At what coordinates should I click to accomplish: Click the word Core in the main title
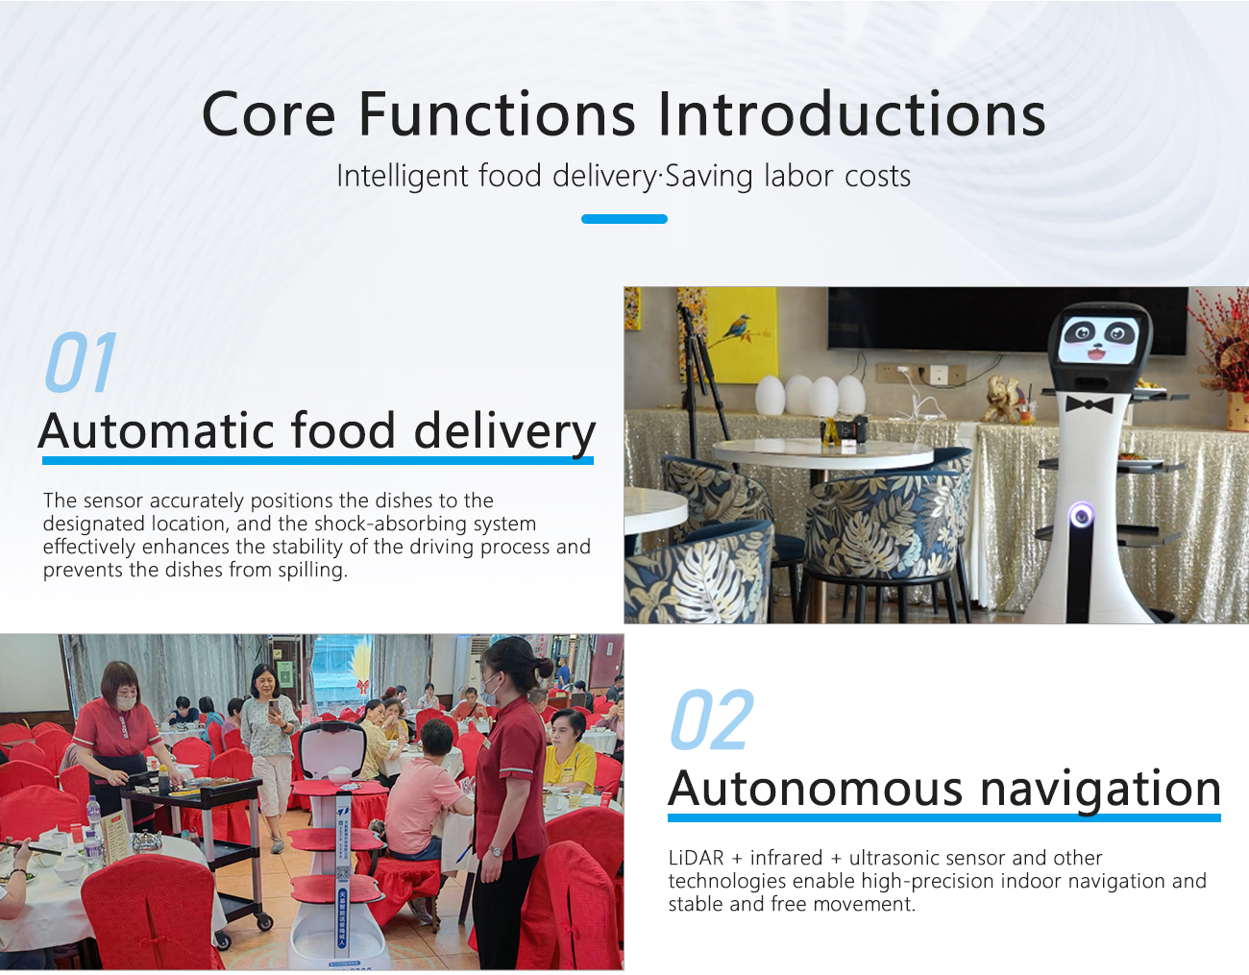click(x=268, y=114)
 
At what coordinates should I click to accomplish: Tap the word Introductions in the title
click(x=851, y=113)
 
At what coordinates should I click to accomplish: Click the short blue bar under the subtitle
click(x=624, y=218)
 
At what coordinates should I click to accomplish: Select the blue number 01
click(x=81, y=362)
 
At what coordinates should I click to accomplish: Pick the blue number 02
click(x=712, y=719)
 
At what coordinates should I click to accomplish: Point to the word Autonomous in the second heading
click(x=815, y=789)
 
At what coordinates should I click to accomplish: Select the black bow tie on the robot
click(x=1089, y=404)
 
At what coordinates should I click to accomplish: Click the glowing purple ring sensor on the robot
click(x=1081, y=514)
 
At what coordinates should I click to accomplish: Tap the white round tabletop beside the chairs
click(x=821, y=453)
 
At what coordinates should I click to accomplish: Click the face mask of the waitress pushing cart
click(x=126, y=702)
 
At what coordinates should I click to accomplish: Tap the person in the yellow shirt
click(x=569, y=750)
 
